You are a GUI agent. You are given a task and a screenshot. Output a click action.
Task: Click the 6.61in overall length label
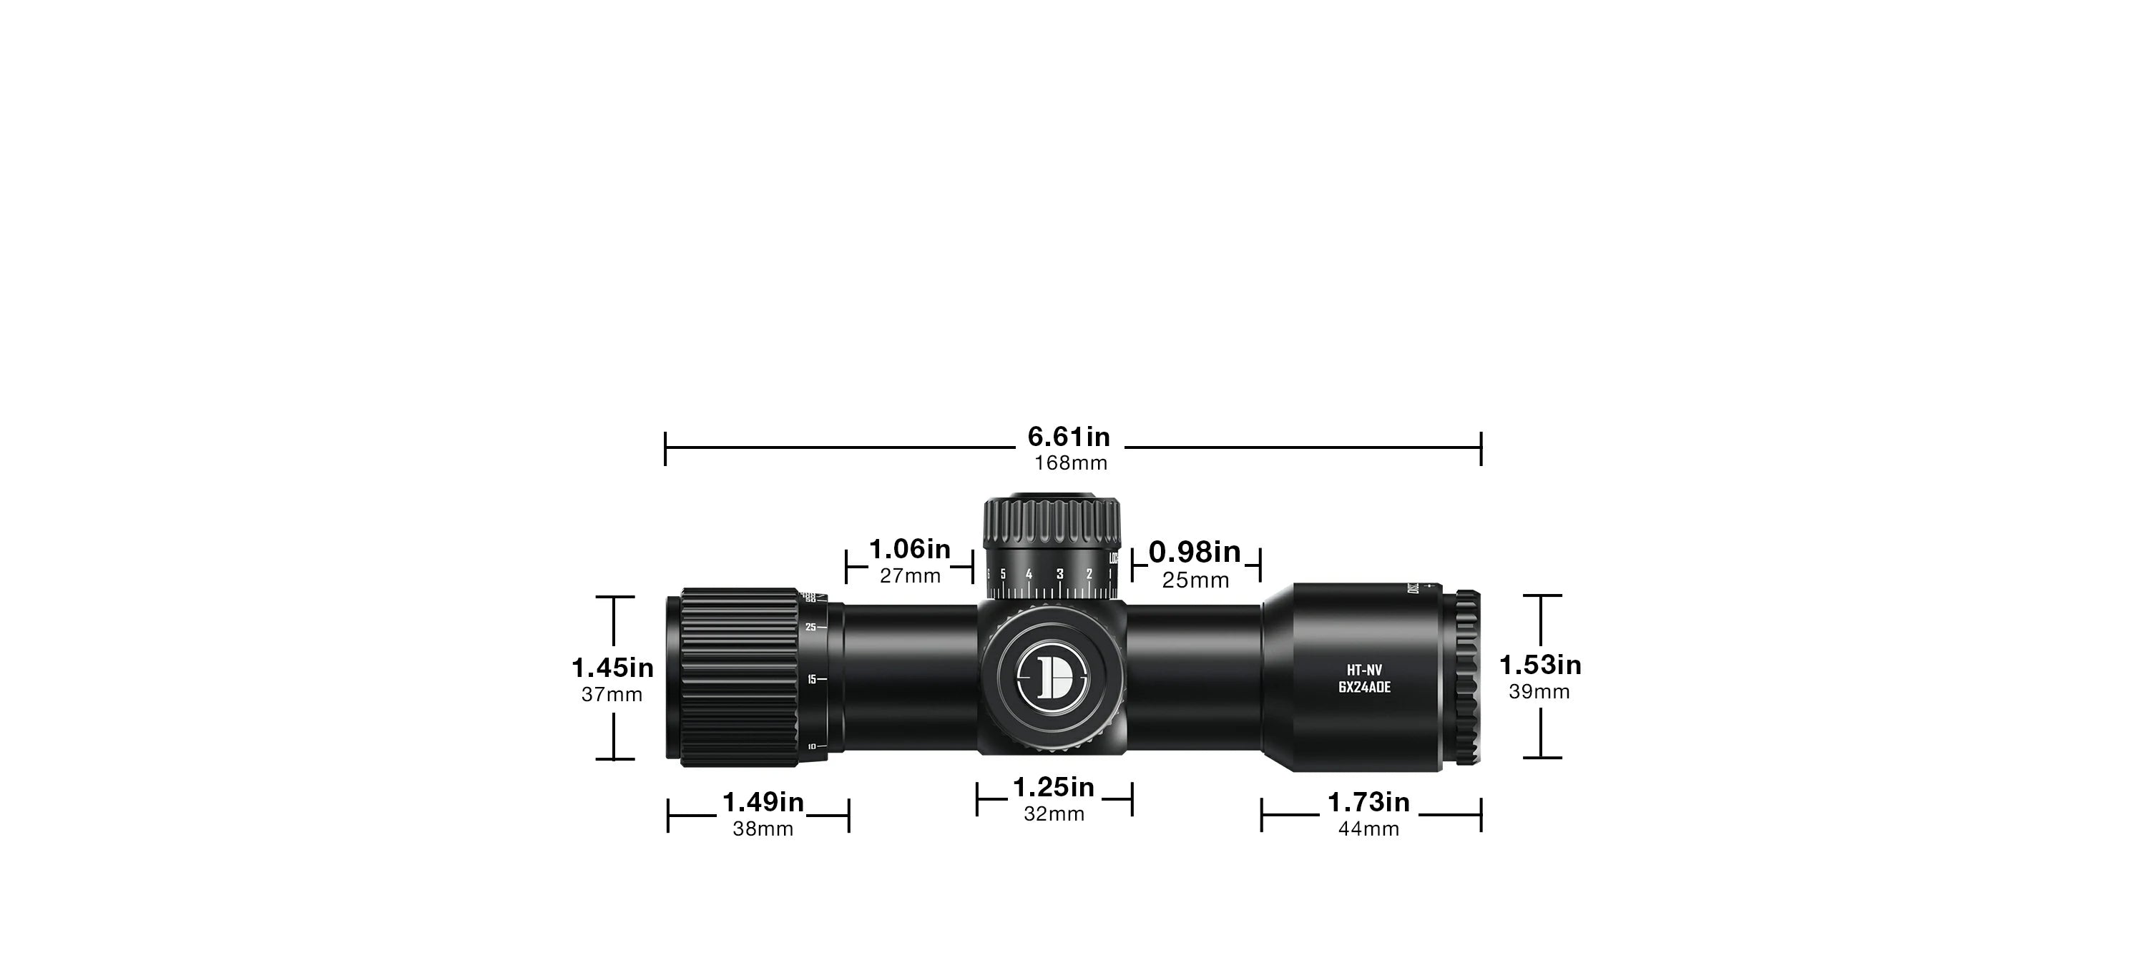(1069, 437)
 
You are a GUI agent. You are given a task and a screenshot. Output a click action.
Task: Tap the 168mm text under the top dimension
(1071, 463)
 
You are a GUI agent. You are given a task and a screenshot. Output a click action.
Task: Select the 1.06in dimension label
(910, 550)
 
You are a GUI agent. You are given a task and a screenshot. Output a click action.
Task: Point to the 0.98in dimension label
(1195, 552)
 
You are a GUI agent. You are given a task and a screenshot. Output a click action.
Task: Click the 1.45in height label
(612, 668)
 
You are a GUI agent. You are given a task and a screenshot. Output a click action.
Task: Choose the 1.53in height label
(1540, 665)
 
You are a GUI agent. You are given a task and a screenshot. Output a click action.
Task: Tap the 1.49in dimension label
(763, 803)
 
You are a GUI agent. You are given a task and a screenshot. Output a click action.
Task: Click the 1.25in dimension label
(1053, 788)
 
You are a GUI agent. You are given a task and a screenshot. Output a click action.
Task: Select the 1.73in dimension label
(1368, 803)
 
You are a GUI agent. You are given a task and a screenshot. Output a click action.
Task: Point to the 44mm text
(1368, 829)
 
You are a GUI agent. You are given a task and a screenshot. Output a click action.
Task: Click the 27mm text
(910, 576)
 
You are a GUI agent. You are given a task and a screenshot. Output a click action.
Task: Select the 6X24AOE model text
(1365, 688)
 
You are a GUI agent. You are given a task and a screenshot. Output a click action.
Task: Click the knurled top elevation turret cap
(1052, 523)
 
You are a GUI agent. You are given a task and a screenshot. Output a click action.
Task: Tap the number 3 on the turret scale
(1059, 575)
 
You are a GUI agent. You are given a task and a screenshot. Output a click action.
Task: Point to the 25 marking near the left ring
(810, 627)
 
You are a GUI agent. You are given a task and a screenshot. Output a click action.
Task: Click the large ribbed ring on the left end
(740, 677)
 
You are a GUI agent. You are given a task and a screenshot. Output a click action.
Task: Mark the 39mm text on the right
(1539, 692)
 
